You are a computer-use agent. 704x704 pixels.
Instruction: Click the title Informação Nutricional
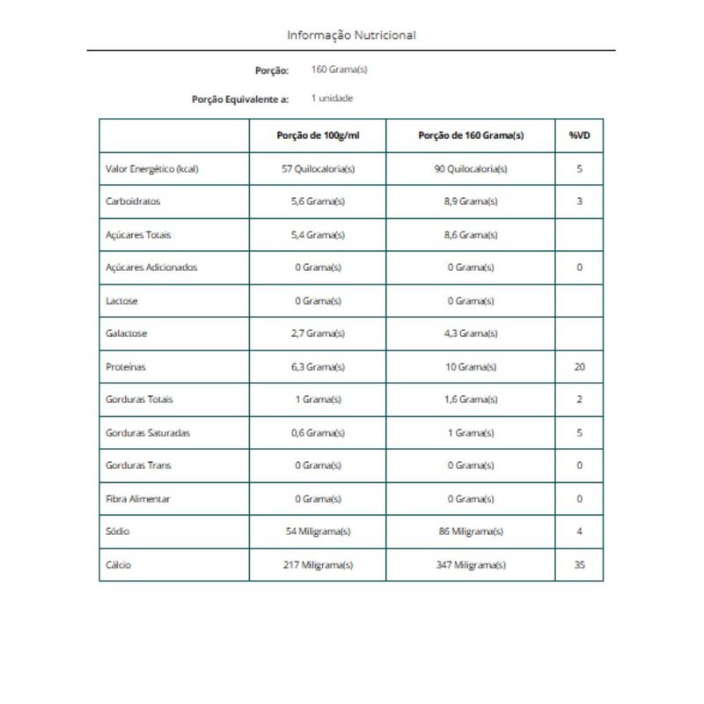[x=351, y=35]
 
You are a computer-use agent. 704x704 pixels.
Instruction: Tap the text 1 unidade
[x=332, y=99]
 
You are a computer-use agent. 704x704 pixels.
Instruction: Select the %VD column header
[x=579, y=136]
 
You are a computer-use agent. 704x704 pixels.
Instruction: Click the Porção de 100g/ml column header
[x=319, y=136]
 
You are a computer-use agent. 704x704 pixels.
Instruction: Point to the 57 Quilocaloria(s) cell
[x=319, y=169]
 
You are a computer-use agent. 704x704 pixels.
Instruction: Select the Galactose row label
[x=126, y=334]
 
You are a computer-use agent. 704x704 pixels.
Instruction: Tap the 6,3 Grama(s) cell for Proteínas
[x=319, y=367]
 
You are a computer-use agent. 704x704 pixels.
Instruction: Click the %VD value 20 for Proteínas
[x=579, y=367]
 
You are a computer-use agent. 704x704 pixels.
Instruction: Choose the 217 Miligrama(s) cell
[x=319, y=565]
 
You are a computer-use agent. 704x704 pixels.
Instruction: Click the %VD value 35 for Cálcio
[x=579, y=565]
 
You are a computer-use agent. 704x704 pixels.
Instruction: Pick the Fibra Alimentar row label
[x=138, y=499]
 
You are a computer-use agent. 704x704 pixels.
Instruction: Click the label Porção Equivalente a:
[x=240, y=99]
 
